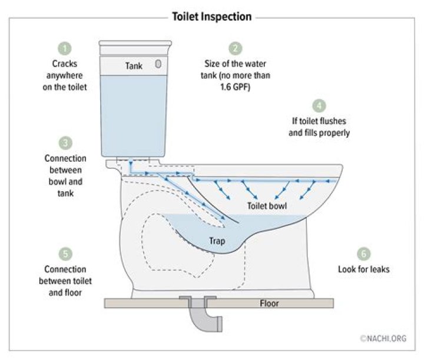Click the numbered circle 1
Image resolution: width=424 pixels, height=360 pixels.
(x=65, y=49)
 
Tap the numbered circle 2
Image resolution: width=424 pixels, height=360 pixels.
(x=235, y=49)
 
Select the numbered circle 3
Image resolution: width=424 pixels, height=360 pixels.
(x=65, y=143)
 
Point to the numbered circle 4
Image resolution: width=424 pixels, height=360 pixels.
(x=319, y=106)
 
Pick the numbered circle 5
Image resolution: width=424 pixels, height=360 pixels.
(x=65, y=254)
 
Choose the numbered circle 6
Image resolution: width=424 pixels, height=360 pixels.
(x=364, y=254)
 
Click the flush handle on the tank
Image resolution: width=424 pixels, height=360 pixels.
(x=158, y=64)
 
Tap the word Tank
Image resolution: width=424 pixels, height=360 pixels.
(x=134, y=66)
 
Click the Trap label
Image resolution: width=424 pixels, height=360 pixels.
(x=217, y=241)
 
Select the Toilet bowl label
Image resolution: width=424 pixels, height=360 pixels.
(x=267, y=206)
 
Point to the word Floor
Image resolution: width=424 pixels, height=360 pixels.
(x=269, y=304)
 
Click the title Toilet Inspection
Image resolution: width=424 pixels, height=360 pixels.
(x=212, y=16)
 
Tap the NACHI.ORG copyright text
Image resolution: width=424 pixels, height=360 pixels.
(x=383, y=338)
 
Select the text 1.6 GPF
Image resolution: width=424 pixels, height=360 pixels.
(x=235, y=87)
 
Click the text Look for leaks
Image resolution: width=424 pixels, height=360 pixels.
(x=364, y=269)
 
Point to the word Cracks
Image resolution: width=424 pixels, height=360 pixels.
(x=65, y=64)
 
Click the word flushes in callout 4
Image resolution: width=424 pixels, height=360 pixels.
(x=332, y=121)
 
